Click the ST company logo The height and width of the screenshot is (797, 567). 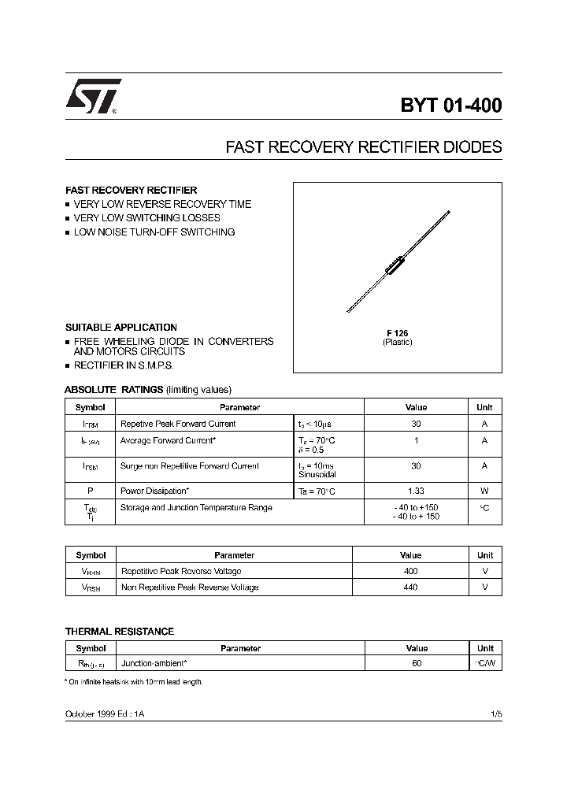pos(93,98)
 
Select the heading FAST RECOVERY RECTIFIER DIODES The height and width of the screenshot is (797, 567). pos(363,147)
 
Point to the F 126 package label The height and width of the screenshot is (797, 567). pos(397,333)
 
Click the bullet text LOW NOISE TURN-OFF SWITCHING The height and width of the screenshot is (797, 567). pos(154,232)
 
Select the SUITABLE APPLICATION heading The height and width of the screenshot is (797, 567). pos(120,327)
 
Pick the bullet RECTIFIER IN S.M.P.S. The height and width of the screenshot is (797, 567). pos(124,366)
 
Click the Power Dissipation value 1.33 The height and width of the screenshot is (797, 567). pos(415,491)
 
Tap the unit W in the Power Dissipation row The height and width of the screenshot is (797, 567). pos(484,491)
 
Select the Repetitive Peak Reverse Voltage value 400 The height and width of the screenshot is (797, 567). pos(410,571)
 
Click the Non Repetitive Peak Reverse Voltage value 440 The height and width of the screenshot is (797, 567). pos(410,587)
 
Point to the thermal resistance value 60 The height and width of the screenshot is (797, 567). pos(417,664)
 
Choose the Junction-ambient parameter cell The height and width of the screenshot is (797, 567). pos(154,664)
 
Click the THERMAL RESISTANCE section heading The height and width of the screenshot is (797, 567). pos(119,632)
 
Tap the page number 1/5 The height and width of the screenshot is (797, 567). pos(495,713)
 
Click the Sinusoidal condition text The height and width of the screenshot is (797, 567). pos(317,475)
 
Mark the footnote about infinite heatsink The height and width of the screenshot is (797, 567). pos(134,682)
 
